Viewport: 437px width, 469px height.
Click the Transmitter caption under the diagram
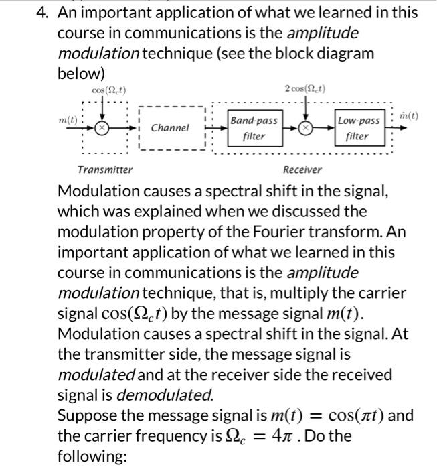click(105, 170)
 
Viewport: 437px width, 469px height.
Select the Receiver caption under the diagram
click(302, 170)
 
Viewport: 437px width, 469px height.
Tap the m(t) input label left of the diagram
click(68, 120)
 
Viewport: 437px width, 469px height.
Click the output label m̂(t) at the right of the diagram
click(409, 115)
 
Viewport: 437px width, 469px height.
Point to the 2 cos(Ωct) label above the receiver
click(305, 89)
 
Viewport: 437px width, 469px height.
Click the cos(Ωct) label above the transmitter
click(109, 90)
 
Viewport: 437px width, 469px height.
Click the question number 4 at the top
click(42, 13)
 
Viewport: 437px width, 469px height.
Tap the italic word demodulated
click(165, 395)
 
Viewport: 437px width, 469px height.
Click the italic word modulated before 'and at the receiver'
click(96, 375)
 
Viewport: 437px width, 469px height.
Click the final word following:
click(92, 456)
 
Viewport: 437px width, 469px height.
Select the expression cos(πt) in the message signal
click(356, 415)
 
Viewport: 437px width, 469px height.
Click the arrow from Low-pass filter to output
click(396, 128)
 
